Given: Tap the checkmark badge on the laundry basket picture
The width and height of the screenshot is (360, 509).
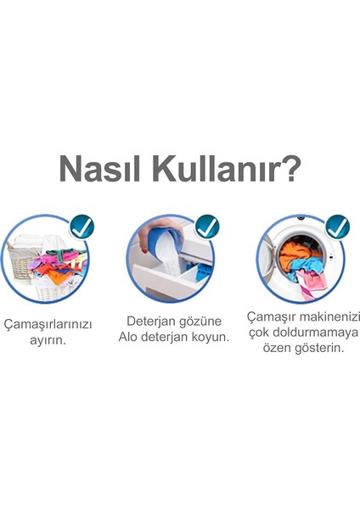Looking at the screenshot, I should [82, 227].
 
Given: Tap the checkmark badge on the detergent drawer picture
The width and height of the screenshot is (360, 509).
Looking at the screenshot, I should [207, 227].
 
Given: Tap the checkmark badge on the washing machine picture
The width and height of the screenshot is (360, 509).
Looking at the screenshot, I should [337, 227].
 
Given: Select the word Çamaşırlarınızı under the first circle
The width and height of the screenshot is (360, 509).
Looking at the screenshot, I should [48, 325].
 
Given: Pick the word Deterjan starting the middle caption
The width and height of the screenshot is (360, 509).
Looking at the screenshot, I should [151, 321].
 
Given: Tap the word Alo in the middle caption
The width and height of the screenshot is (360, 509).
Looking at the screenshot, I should [130, 337].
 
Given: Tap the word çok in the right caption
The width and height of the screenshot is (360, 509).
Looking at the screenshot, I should [258, 332].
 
